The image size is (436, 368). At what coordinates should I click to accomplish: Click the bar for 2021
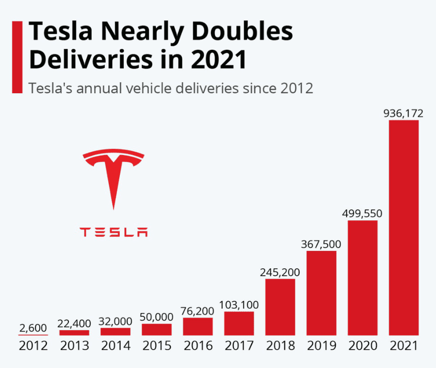(404, 227)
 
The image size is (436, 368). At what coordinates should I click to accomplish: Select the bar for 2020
(363, 278)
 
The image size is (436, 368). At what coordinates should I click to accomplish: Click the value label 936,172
(403, 113)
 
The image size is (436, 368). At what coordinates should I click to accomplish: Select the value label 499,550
(362, 213)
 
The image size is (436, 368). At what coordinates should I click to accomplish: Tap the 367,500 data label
(321, 244)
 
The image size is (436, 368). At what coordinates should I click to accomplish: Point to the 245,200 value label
(280, 273)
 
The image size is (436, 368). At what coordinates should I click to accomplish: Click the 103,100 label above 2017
(239, 305)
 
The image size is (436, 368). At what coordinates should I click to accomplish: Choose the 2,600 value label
(33, 328)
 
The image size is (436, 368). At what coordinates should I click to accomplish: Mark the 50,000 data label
(157, 317)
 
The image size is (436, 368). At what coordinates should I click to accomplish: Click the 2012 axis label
(33, 346)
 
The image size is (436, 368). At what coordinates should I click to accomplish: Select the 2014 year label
(115, 346)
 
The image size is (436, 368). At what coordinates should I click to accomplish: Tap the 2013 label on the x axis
(74, 346)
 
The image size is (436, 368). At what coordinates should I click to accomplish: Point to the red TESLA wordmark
(114, 232)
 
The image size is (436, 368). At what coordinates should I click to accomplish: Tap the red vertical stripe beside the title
(16, 56)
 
